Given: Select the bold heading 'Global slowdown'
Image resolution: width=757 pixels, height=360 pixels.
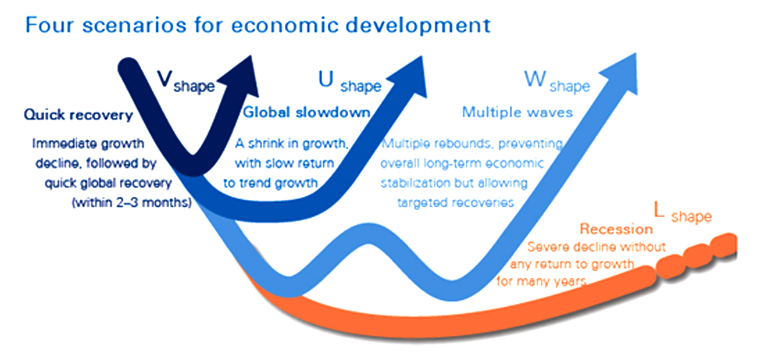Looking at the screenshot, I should tap(307, 112).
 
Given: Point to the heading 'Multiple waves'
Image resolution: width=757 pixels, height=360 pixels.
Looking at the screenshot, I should tap(517, 112).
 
